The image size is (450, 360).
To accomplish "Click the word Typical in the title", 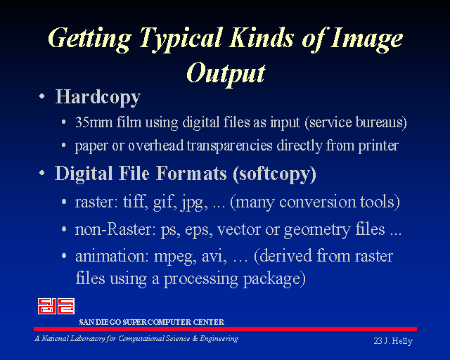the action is point(181,39).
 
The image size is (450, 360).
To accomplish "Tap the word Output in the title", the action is point(226,73).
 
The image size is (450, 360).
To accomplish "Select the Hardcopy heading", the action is point(98,97).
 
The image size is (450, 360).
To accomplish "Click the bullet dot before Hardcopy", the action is point(42,96).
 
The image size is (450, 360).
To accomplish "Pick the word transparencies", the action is point(229,146).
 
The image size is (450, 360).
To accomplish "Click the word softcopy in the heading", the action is point(274,174).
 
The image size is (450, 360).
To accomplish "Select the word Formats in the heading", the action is point(191,174).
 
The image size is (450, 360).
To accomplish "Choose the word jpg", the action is point(194,202).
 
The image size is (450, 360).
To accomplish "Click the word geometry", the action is point(317,230).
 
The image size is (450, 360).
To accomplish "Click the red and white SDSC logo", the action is point(56,306).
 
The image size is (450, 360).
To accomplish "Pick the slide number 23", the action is point(378,341).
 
